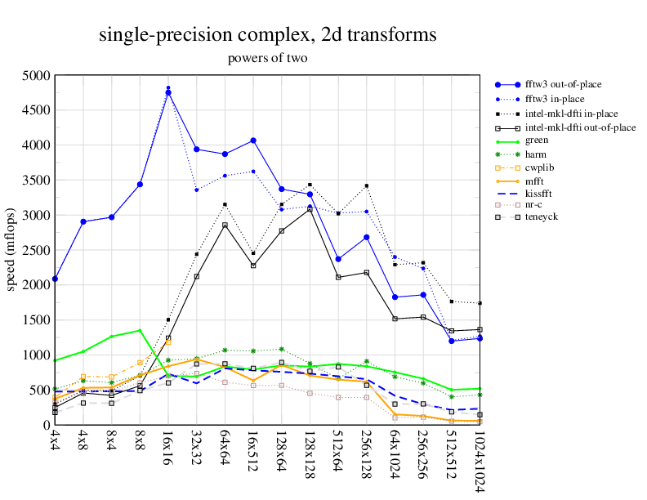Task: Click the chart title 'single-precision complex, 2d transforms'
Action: pos(267,35)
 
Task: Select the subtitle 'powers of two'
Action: pos(267,58)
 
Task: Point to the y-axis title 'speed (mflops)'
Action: pos(11,250)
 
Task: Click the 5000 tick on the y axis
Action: pos(36,75)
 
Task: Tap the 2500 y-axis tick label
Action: pos(36,250)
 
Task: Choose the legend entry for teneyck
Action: pos(542,217)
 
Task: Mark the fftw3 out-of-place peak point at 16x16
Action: pos(168,93)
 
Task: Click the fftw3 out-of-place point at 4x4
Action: pos(55,279)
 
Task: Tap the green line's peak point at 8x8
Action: pos(140,330)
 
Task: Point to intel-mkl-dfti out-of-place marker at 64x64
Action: pos(225,225)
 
